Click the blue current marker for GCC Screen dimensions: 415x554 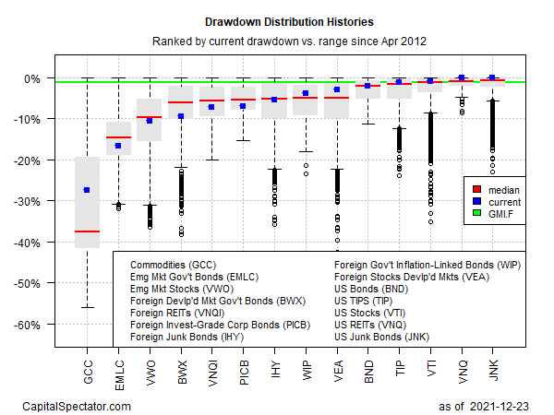[87, 190]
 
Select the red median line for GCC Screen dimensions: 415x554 [87, 231]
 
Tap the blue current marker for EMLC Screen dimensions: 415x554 [118, 146]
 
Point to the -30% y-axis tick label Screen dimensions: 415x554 [34, 201]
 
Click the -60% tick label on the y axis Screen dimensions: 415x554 [34, 324]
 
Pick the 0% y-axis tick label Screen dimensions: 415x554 [38, 78]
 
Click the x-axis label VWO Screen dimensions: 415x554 [150, 368]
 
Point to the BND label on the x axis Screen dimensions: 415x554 [367, 368]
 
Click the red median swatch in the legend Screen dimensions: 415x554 [478, 189]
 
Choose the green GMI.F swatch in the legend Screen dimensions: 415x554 [478, 214]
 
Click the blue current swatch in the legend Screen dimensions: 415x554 [478, 201]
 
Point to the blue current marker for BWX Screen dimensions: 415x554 [181, 116]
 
